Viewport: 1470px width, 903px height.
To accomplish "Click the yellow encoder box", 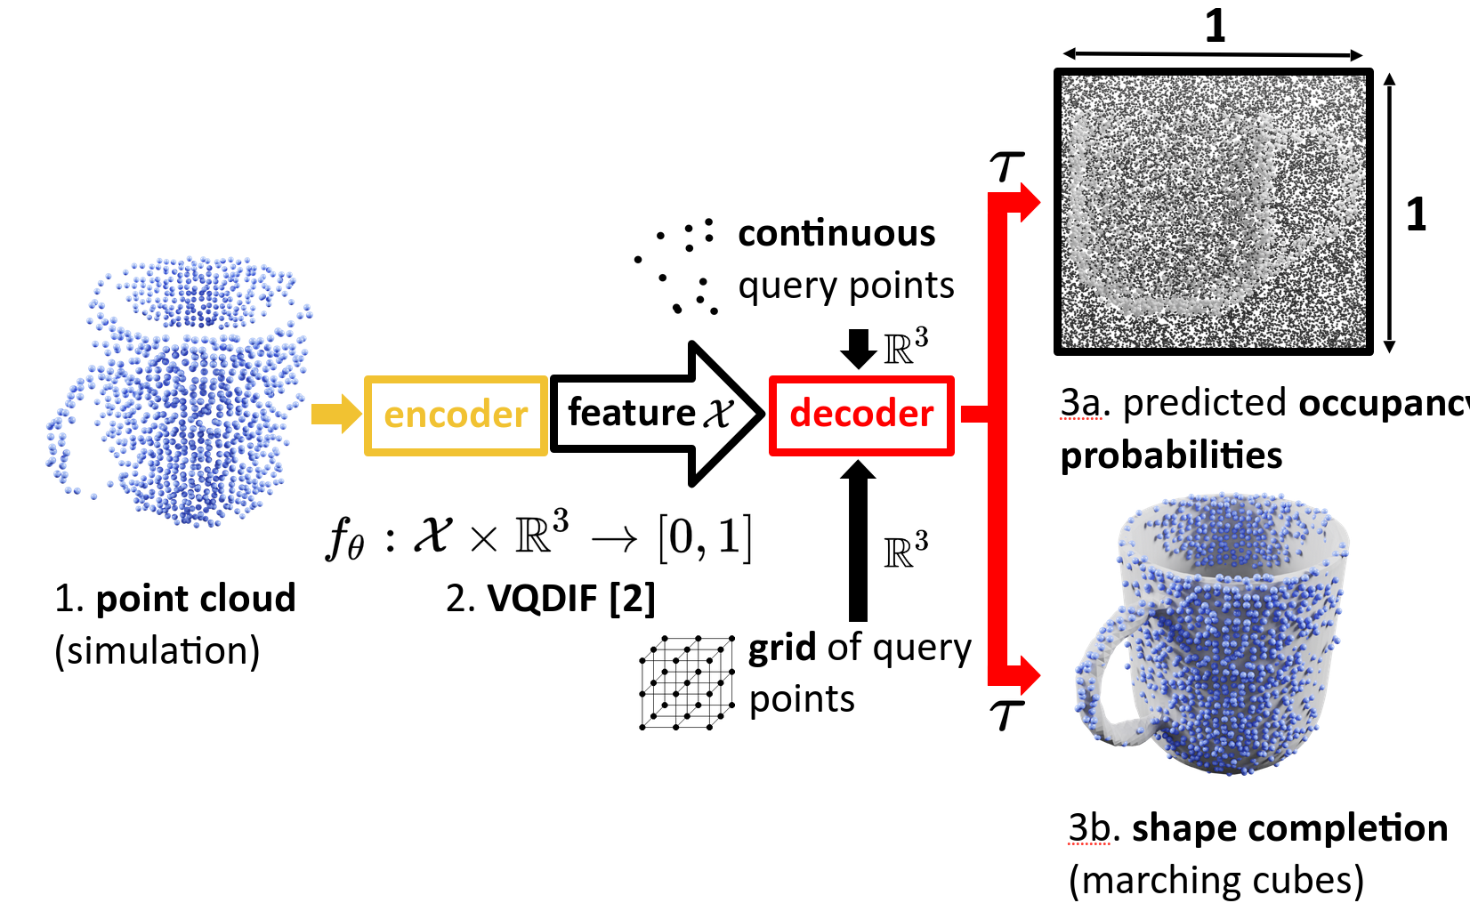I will click(456, 415).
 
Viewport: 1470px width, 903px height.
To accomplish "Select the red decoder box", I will click(861, 415).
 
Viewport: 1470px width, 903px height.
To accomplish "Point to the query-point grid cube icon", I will click(686, 683).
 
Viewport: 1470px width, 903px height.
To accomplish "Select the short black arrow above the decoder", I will click(858, 348).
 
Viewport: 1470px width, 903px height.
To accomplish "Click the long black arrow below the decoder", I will click(858, 543).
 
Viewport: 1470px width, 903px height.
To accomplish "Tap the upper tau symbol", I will click(1006, 165).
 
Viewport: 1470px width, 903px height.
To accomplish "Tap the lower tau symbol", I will click(1006, 714).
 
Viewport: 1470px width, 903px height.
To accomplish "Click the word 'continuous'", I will click(836, 233).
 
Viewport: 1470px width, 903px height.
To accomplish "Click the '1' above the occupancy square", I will click(1215, 27).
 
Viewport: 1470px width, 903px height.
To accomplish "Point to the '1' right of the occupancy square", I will click(1416, 214).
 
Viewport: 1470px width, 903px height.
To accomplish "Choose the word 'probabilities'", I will click(1171, 456).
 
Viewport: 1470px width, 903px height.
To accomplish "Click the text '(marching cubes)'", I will click(1216, 881).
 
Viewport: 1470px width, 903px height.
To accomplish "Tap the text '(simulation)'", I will click(157, 651).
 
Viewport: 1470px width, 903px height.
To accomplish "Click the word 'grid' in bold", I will click(781, 648).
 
